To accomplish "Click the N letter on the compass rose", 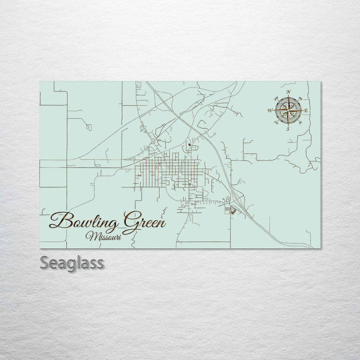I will pyautogui.click(x=288, y=92).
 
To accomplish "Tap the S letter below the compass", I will pyautogui.click(x=288, y=129).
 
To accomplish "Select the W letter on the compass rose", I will pyautogui.click(x=270, y=110).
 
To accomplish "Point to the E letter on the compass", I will pyautogui.click(x=306, y=110).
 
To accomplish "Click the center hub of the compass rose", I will pyautogui.click(x=288, y=110).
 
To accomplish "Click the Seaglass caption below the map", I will pyautogui.click(x=72, y=262).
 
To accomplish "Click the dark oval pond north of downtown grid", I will pyautogui.click(x=189, y=146).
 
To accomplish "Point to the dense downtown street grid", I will pyautogui.click(x=165, y=172).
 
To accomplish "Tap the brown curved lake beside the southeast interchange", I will pyautogui.click(x=233, y=212).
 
